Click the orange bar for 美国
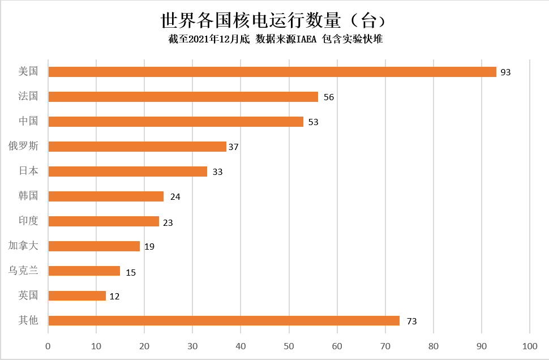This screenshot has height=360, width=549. pyautogui.click(x=272, y=72)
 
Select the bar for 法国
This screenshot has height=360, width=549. pyautogui.click(x=183, y=97)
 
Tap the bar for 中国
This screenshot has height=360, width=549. pyautogui.click(x=176, y=122)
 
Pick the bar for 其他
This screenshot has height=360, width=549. pyautogui.click(x=224, y=320)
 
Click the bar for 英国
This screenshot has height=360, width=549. pyautogui.click(x=77, y=295)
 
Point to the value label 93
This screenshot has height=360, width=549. pyautogui.click(x=505, y=72)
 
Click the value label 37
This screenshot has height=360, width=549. pyautogui.click(x=233, y=147)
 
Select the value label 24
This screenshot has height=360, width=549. pyautogui.click(x=175, y=197)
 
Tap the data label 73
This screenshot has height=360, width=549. pyautogui.click(x=411, y=322)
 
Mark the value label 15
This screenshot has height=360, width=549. pyautogui.click(x=131, y=272)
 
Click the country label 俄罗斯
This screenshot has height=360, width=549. pyautogui.click(x=23, y=146)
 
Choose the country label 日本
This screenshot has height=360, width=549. pyautogui.click(x=28, y=171)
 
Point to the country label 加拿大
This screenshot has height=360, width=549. pyautogui.click(x=23, y=246)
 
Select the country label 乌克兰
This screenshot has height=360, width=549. pyautogui.click(x=23, y=271)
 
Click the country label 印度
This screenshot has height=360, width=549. pyautogui.click(x=28, y=221)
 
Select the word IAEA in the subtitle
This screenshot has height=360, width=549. pyautogui.click(x=303, y=39)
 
